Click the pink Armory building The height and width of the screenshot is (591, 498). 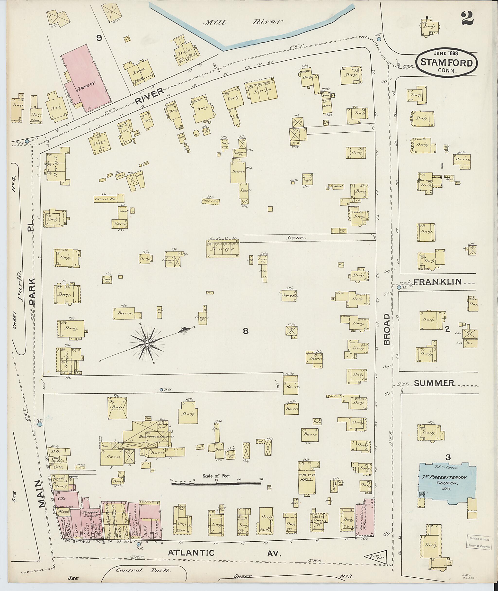(86, 78)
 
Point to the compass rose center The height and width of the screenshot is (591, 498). (147, 343)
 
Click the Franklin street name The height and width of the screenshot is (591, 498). (438, 282)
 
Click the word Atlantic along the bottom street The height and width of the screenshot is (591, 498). (191, 553)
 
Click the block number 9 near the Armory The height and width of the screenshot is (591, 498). (99, 38)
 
